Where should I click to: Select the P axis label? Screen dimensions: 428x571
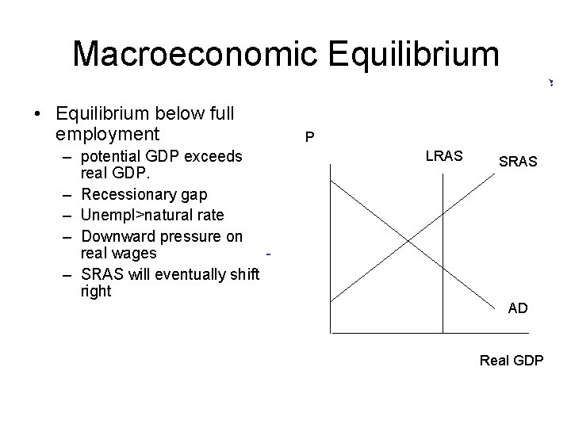pyautogui.click(x=310, y=138)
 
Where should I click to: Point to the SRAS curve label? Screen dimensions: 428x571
pyautogui.click(x=518, y=162)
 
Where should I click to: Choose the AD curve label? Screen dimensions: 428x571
pyautogui.click(x=517, y=308)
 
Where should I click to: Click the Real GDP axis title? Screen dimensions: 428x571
pyautogui.click(x=512, y=361)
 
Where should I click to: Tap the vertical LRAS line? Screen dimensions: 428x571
pyautogui.click(x=442, y=254)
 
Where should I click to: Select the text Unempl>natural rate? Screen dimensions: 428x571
pyautogui.click(x=152, y=215)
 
